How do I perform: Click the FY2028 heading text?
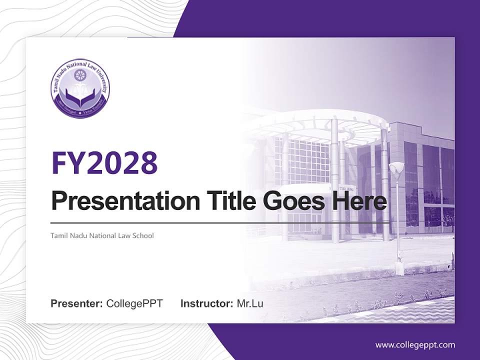click(104, 162)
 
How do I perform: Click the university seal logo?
click(80, 88)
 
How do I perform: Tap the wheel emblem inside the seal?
click(80, 75)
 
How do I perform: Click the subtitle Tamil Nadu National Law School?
click(102, 235)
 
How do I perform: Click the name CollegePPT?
click(134, 303)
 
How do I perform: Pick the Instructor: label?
click(206, 303)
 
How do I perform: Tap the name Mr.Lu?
click(249, 303)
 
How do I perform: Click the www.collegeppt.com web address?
click(415, 344)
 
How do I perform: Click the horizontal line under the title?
click(220, 222)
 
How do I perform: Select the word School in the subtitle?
click(143, 235)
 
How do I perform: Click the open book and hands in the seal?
click(80, 97)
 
